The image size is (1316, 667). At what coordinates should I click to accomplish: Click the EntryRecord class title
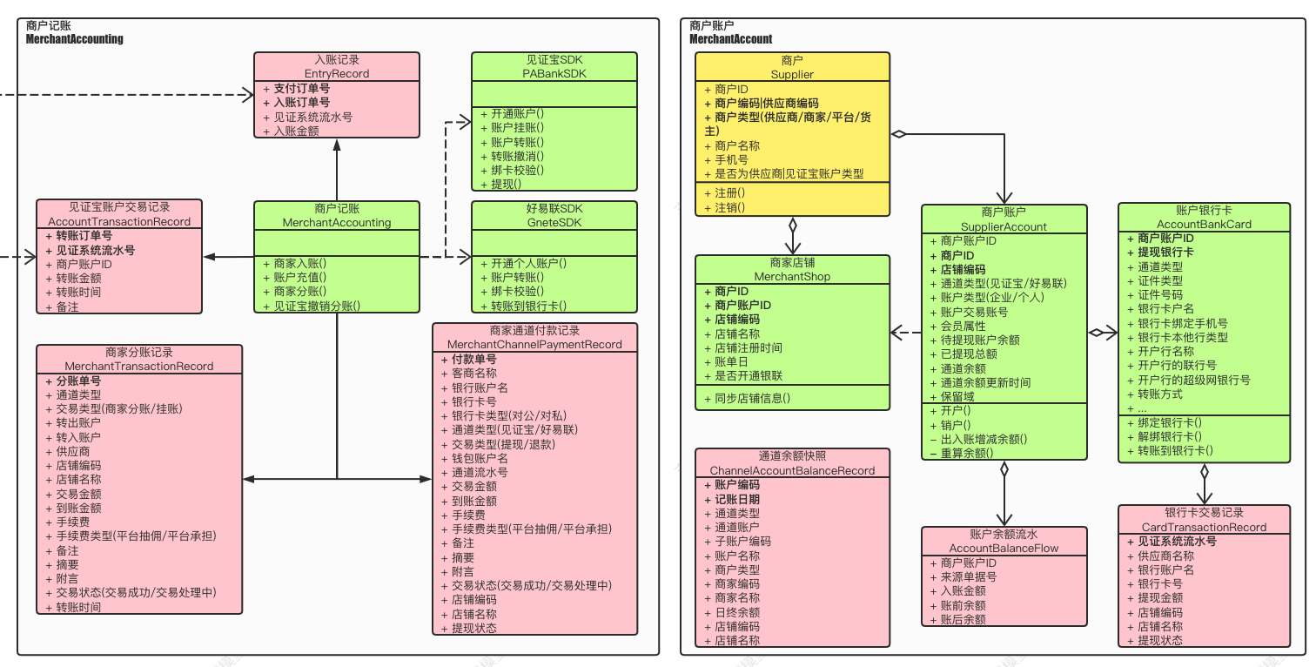click(336, 73)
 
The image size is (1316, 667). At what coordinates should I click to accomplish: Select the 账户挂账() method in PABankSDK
click(518, 127)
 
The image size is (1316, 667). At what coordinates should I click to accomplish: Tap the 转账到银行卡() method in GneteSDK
click(528, 306)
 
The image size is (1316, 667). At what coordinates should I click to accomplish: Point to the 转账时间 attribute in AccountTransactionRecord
click(78, 293)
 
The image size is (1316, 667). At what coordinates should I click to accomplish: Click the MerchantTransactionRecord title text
click(139, 366)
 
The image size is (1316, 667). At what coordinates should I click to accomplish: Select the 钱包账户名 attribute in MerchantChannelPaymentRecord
click(480, 458)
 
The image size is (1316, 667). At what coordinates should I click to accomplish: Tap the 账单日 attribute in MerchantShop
click(731, 361)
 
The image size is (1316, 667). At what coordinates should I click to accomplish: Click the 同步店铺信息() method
click(752, 398)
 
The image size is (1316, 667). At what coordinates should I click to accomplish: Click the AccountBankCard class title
click(1204, 224)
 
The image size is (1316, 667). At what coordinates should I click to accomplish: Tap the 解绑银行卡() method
click(1170, 436)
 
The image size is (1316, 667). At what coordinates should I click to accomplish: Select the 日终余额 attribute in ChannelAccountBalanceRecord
click(737, 612)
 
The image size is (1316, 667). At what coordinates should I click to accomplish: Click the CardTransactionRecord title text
click(1204, 527)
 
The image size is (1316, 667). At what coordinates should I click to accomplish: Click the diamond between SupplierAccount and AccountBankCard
click(1096, 333)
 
